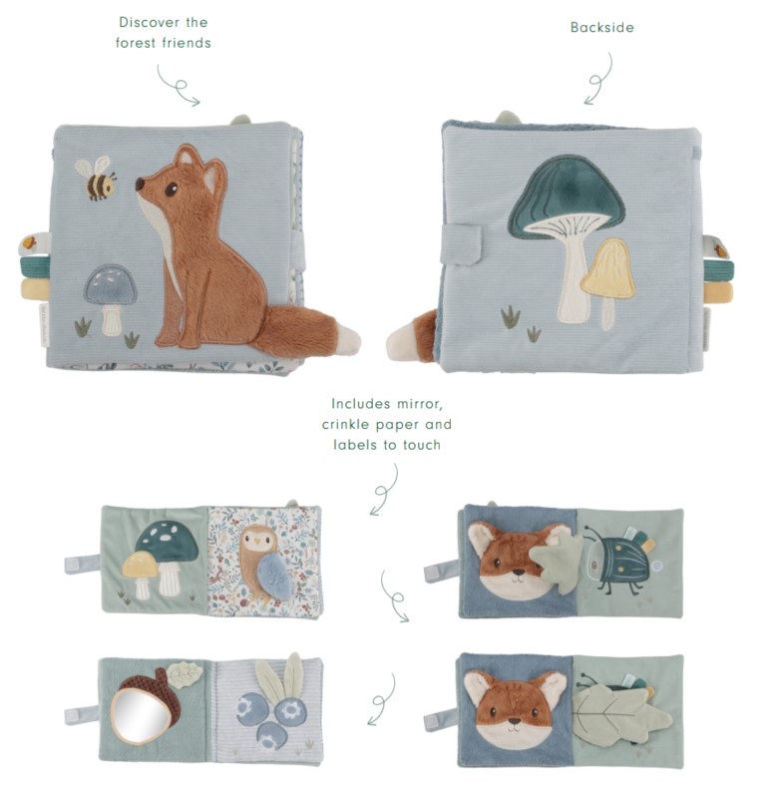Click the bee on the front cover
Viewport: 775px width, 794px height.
pyautogui.click(x=97, y=178)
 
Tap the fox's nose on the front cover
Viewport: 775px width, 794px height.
pyautogui.click(x=140, y=184)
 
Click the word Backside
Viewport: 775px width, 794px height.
pyautogui.click(x=601, y=27)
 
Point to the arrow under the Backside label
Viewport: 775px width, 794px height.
pyautogui.click(x=598, y=80)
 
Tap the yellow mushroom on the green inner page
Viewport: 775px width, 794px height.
pyautogui.click(x=142, y=573)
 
